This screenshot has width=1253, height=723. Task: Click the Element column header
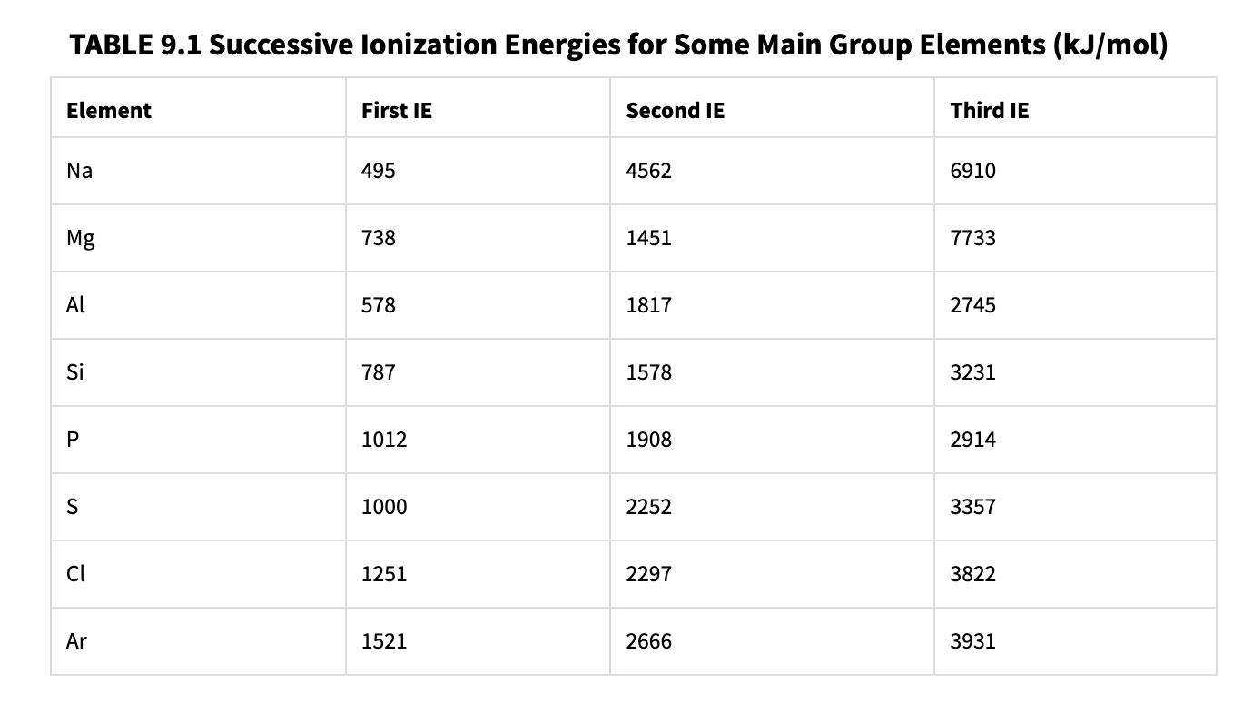[109, 111]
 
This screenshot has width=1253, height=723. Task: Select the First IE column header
[397, 111]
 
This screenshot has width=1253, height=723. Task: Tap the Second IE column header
[676, 111]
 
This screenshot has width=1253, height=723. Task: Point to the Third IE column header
[990, 111]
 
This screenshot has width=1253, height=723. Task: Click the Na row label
[79, 171]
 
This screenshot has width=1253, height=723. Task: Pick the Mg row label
[81, 239]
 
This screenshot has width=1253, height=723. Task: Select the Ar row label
[77, 641]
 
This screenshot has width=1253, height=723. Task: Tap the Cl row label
[76, 574]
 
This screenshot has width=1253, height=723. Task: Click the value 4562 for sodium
[649, 171]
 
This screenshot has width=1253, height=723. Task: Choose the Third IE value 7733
[973, 238]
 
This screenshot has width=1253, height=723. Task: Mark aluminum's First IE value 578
[379, 305]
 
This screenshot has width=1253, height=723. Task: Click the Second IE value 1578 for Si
[649, 372]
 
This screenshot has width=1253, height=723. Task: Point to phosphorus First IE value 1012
[384, 440]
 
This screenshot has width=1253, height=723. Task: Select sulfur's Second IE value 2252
[649, 507]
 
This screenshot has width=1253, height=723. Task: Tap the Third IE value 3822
[973, 574]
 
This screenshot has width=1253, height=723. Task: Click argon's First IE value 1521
[384, 641]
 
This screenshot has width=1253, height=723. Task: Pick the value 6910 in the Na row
[973, 171]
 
